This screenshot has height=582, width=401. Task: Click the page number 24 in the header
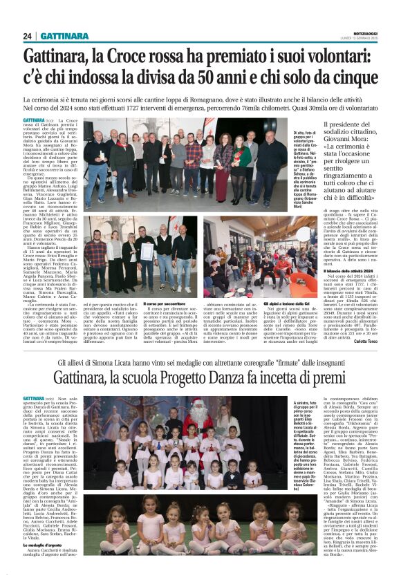click(28, 36)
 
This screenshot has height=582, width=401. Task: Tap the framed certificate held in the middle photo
click(146, 251)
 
